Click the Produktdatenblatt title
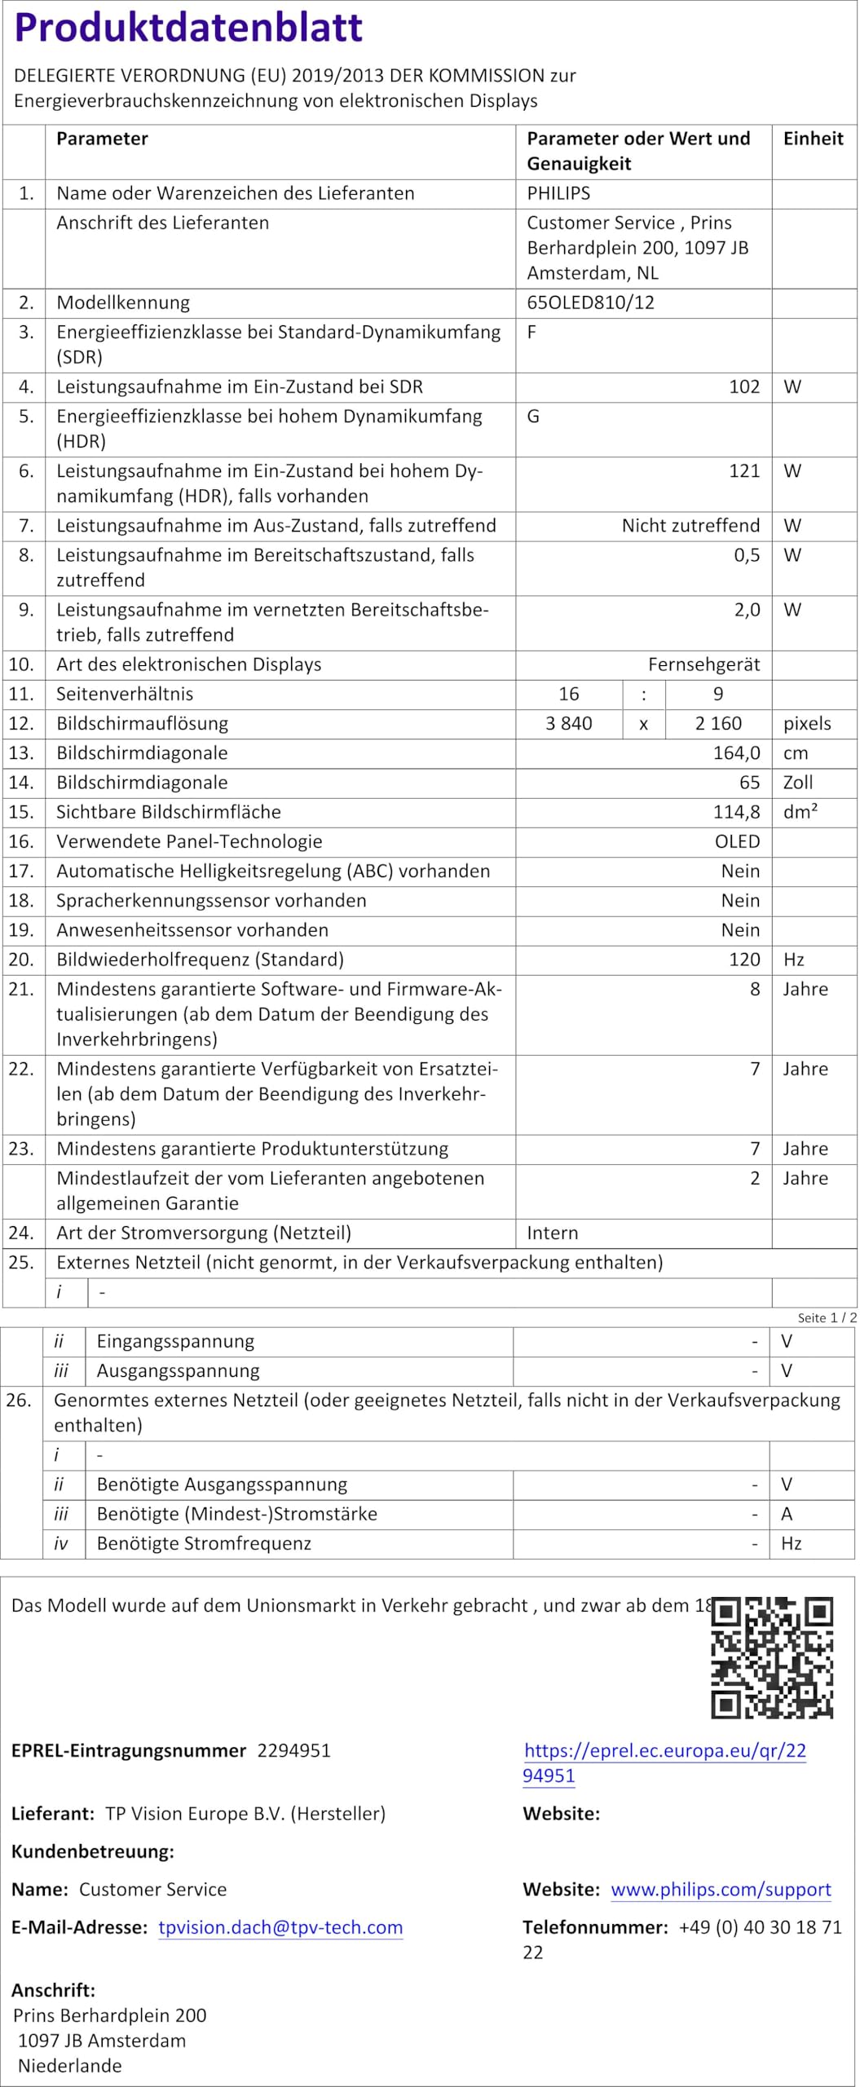188,27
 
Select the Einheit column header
813,139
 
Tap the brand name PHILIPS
558,193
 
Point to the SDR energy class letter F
531,333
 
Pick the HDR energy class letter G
533,417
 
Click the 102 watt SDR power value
743,386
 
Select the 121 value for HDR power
743,471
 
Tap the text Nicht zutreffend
690,526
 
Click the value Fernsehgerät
703,664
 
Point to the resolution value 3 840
569,723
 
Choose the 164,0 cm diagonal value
736,752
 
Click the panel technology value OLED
737,841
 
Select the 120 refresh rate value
744,960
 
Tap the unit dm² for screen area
800,812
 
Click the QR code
772,1657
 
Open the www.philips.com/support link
721,1890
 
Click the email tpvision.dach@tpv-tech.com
280,1927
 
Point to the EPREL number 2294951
293,1750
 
